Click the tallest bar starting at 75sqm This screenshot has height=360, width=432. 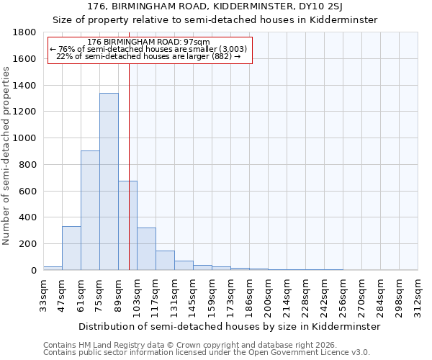pyautogui.click(x=109, y=181)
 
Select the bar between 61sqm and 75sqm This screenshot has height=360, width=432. pyautogui.click(x=90, y=210)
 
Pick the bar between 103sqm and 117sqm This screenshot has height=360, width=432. pyautogui.click(x=146, y=249)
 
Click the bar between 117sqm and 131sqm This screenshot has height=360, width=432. pyautogui.click(x=165, y=261)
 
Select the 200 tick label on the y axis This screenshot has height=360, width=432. pyautogui.click(x=28, y=244)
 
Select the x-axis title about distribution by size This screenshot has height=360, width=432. pyautogui.click(x=228, y=326)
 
